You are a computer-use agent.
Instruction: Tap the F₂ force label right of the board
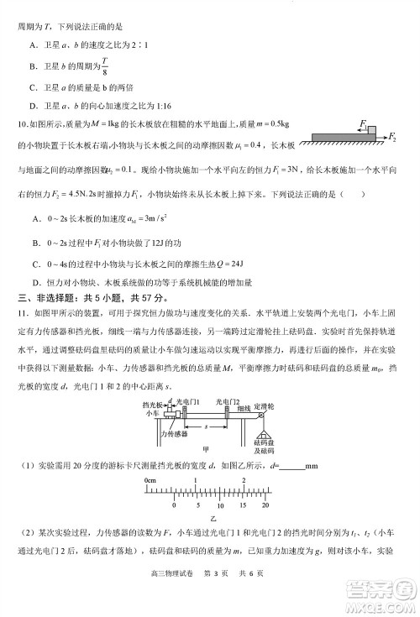pyautogui.click(x=392, y=136)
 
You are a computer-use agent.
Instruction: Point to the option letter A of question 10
pyautogui.click(x=32, y=219)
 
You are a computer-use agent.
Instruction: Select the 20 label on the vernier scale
pyautogui.click(x=265, y=507)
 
